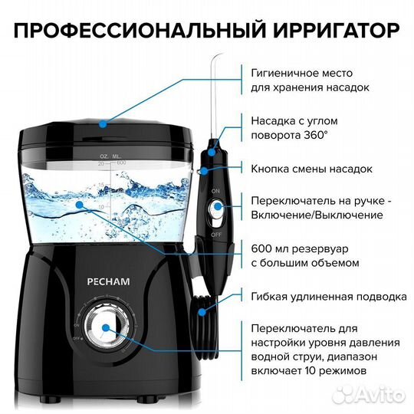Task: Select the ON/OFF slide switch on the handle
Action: (217, 206)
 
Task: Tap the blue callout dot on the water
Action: (79, 205)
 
